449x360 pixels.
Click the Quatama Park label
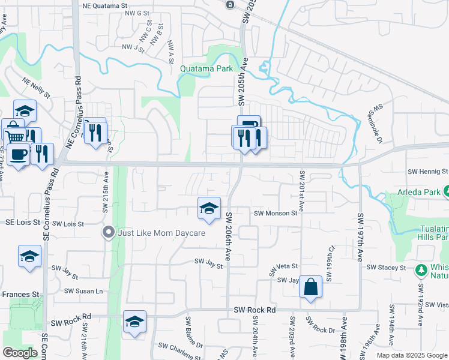(206, 69)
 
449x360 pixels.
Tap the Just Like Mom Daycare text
(161, 233)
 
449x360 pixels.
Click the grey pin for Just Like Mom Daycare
(109, 232)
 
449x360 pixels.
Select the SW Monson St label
(276, 213)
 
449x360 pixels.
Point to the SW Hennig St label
(427, 172)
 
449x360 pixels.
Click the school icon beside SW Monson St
(209, 208)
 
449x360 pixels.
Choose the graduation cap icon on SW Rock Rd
(135, 322)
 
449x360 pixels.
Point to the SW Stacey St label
(387, 267)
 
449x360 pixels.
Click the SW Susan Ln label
(83, 291)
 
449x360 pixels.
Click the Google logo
(20, 353)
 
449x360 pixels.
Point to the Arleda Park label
(419, 193)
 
